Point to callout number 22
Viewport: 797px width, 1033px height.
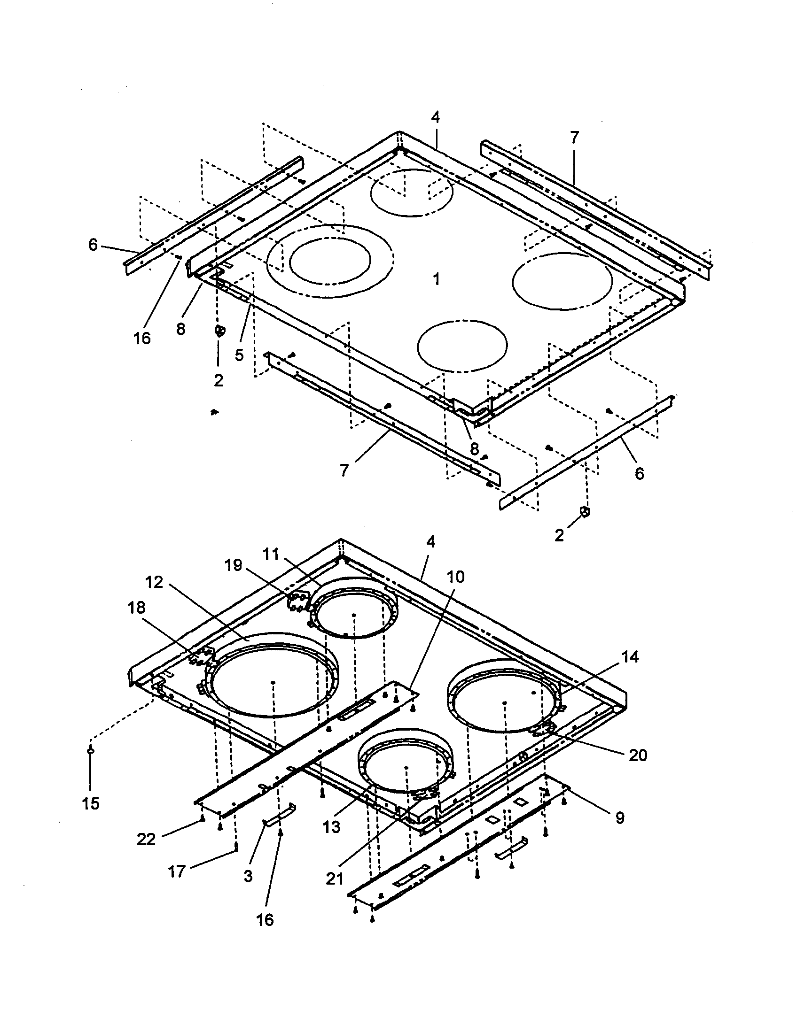pos(146,840)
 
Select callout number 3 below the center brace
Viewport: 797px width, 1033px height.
pos(248,876)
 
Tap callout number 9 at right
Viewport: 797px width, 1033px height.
pos(619,817)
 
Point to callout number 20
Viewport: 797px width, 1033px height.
pos(638,755)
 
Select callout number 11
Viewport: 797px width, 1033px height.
pos(271,554)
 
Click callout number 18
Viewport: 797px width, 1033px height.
pos(136,608)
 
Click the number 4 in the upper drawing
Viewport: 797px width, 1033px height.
pos(436,117)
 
